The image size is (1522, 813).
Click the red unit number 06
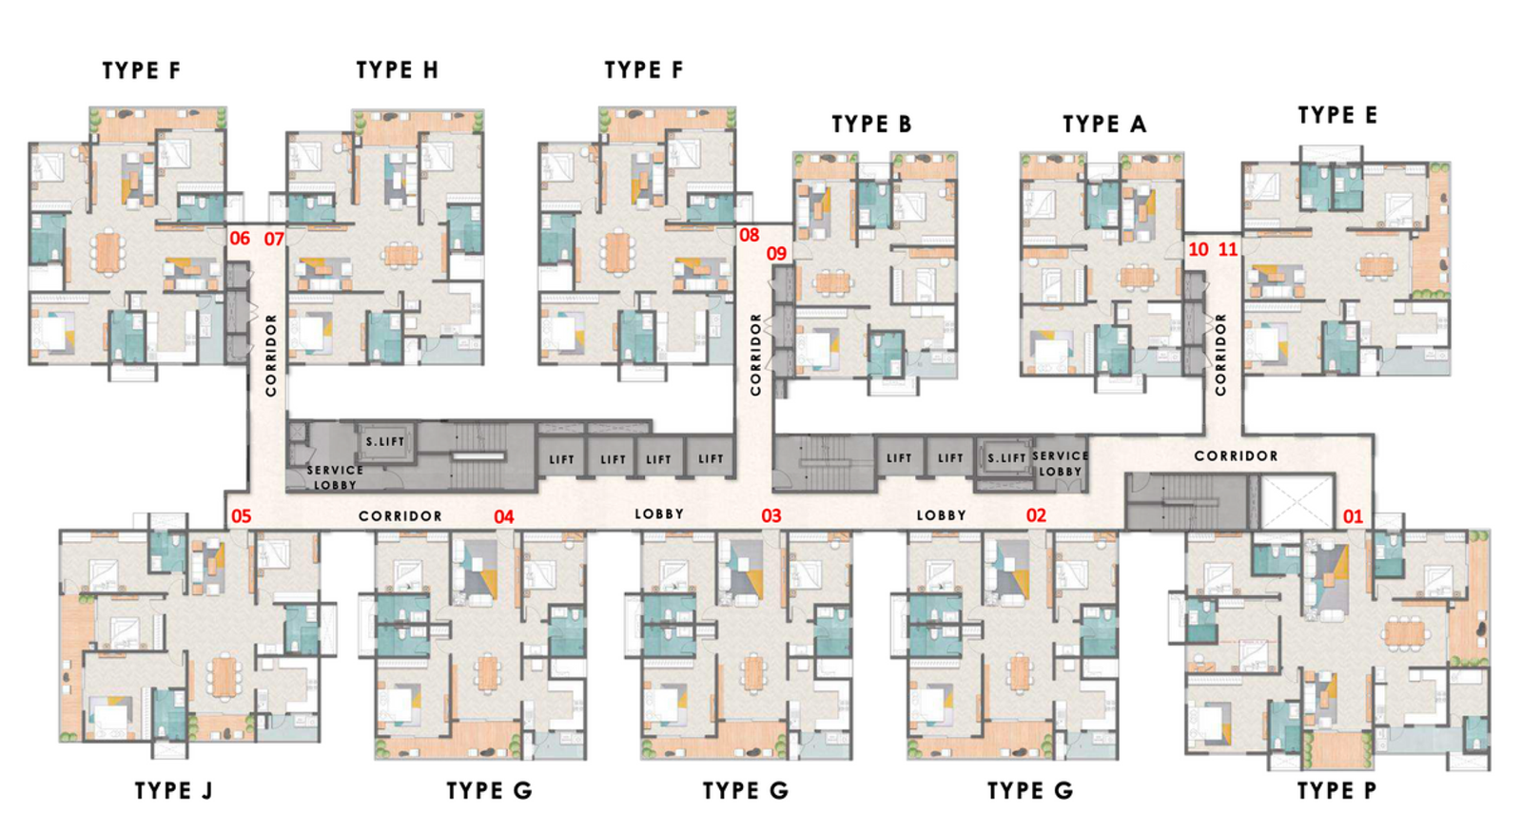240,239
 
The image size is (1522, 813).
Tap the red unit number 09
776,254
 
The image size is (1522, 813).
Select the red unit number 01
1353,516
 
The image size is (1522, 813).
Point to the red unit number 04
503,516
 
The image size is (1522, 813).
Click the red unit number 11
1228,249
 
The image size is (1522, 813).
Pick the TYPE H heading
397,69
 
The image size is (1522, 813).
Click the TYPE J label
173,790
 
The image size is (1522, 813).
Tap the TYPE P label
1337,790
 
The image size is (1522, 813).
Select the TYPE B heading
871,124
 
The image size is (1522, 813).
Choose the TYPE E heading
1337,115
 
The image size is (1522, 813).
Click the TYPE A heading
1104,124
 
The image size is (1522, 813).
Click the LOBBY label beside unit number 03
659,513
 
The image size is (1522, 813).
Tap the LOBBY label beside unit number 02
941,515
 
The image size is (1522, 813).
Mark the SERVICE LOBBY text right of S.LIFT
1060,463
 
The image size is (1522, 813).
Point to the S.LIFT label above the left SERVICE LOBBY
385,441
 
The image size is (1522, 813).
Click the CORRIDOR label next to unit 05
400,515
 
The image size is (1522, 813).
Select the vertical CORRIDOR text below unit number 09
755,354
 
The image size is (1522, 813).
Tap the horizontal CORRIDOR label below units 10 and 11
1236,455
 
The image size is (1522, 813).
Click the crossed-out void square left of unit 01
1298,502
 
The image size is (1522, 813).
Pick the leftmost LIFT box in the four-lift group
561,459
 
